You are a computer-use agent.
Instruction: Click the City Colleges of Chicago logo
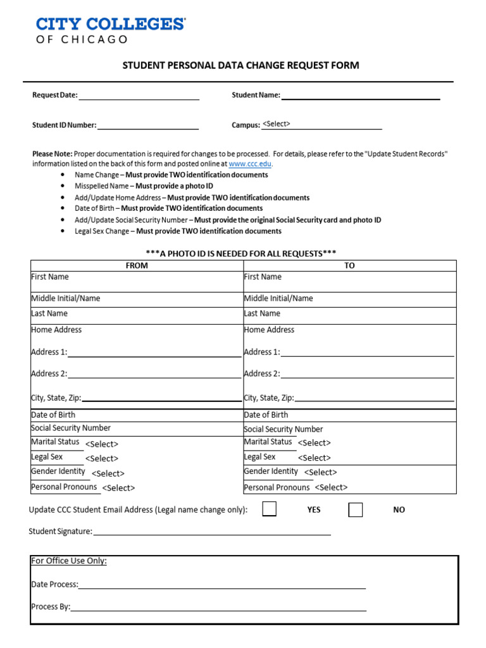[x=110, y=30]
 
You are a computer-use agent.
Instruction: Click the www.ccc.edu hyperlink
[x=250, y=163]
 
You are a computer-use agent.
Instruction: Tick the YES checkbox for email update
[x=269, y=509]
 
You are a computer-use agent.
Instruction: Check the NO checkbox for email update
[x=356, y=509]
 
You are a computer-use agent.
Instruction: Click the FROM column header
[x=137, y=266]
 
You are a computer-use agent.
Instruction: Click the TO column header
[x=349, y=266]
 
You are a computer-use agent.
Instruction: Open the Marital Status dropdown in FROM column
[x=102, y=444]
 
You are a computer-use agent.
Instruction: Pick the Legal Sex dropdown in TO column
[x=315, y=458]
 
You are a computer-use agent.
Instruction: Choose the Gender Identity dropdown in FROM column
[x=108, y=473]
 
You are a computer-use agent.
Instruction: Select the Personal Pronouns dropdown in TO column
[x=331, y=487]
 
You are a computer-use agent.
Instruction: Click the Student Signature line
[x=211, y=532]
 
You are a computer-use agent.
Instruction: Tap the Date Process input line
[x=221, y=585]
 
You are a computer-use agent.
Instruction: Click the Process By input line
[x=218, y=607]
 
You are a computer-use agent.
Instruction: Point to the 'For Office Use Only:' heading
[x=69, y=561]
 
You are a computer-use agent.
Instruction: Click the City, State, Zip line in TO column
[x=374, y=398]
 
